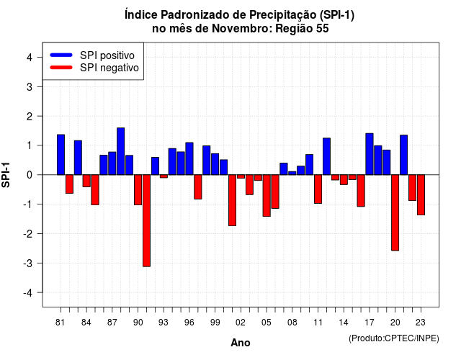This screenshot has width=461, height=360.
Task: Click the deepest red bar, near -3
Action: (146, 221)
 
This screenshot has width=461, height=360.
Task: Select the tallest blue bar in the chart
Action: (120, 151)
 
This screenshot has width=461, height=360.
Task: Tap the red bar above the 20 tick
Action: (395, 213)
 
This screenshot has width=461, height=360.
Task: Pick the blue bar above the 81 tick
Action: (61, 155)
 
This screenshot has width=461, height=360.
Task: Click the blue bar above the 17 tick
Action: (370, 154)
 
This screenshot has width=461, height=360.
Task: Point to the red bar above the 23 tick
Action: (421, 195)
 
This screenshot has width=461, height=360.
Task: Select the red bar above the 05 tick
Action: (267, 196)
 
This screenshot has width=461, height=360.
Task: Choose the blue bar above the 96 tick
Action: (189, 158)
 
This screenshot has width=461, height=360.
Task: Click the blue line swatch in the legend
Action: (61, 55)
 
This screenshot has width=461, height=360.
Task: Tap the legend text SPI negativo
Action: (109, 68)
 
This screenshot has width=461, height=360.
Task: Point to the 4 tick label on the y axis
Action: (30, 58)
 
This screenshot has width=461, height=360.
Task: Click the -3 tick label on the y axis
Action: (27, 263)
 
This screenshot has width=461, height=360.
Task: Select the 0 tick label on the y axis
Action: (30, 175)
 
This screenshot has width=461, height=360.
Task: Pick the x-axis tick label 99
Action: (215, 323)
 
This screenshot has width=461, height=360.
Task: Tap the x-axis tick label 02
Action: (241, 323)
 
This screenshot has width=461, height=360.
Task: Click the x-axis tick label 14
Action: (344, 323)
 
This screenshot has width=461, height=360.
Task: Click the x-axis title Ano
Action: (241, 343)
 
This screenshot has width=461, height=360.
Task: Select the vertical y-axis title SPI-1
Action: (6, 175)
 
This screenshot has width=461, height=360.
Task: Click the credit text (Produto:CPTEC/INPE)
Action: (394, 338)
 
